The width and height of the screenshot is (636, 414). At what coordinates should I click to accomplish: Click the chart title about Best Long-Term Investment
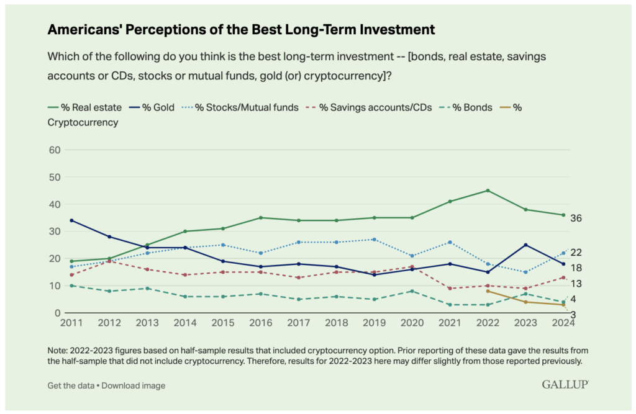click(x=242, y=30)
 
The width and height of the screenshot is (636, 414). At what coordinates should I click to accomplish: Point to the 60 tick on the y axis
click(x=54, y=150)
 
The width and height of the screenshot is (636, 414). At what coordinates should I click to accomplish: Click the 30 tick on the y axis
click(x=54, y=232)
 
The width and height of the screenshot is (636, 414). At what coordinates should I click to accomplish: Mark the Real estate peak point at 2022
click(x=488, y=191)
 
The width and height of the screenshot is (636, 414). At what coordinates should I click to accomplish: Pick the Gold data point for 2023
click(x=525, y=245)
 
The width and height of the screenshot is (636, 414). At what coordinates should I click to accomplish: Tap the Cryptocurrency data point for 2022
click(x=488, y=291)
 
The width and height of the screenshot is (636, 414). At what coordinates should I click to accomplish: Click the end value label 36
click(x=576, y=218)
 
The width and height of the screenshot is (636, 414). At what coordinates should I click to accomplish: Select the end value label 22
click(x=576, y=252)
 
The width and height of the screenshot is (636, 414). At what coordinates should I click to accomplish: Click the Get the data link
click(x=70, y=385)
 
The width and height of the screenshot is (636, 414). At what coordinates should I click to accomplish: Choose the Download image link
click(x=134, y=385)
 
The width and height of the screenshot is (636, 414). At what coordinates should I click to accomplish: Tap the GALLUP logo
click(x=565, y=385)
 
